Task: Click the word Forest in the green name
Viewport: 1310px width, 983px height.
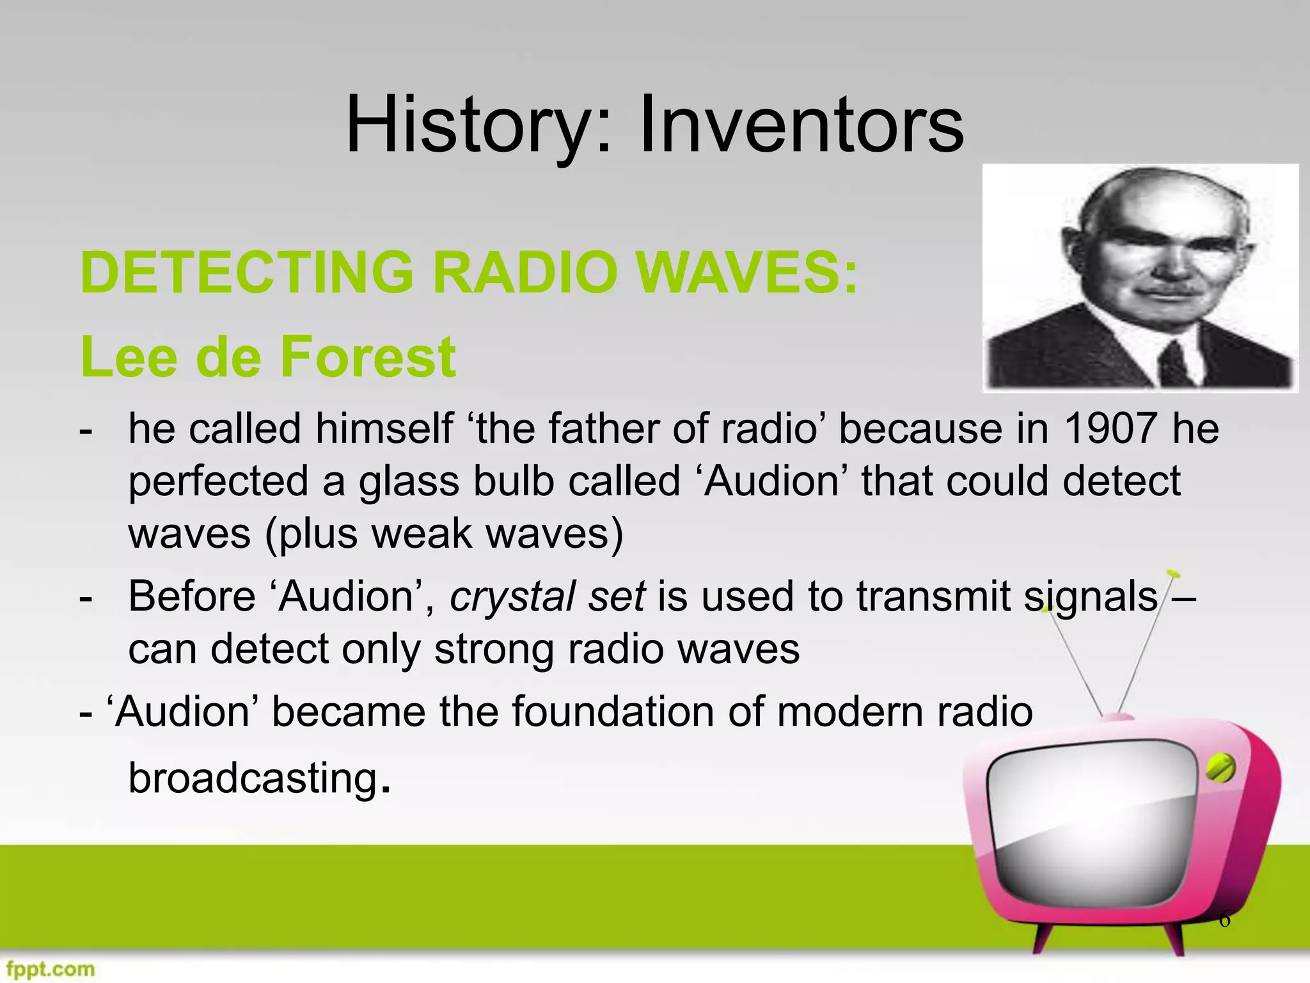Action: [x=367, y=356]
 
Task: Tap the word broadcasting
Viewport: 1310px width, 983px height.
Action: [x=253, y=778]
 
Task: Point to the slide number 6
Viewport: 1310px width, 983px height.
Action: [x=1224, y=920]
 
